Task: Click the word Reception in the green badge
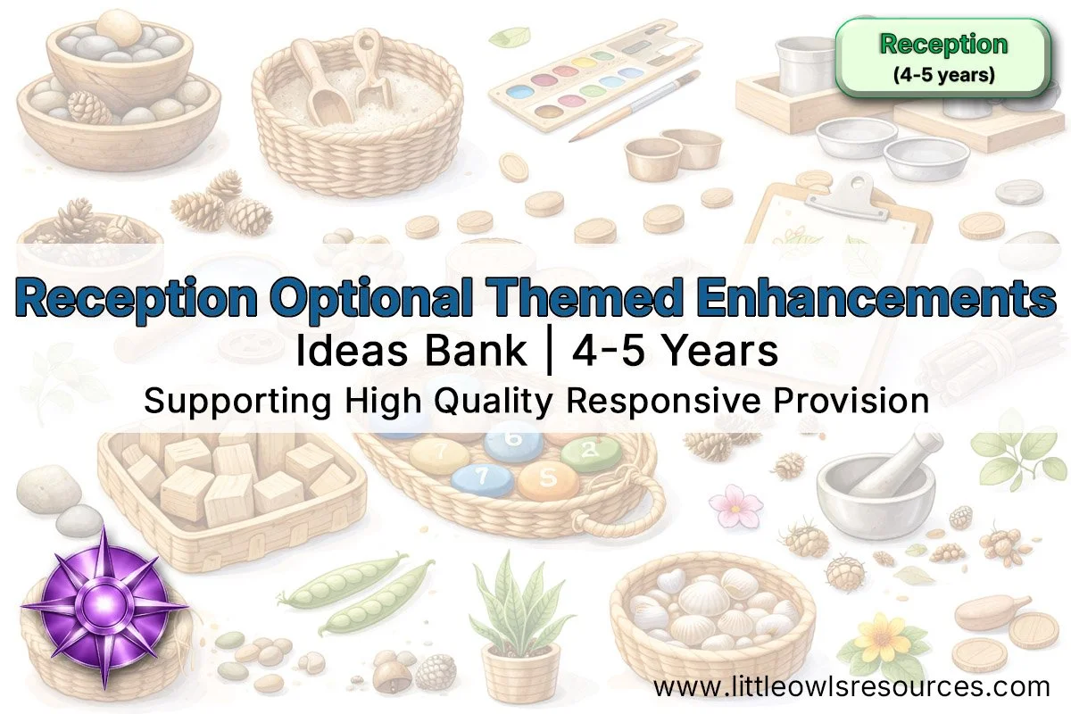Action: coord(943,44)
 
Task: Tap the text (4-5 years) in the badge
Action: coord(943,75)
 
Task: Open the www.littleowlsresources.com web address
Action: coord(851,686)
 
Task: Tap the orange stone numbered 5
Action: coord(547,478)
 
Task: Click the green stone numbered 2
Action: coord(590,453)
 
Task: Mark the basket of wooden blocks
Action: coord(234,486)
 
